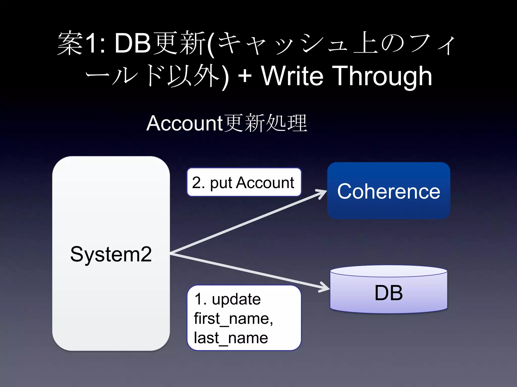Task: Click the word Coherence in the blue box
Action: [389, 191]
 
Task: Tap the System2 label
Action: [111, 254]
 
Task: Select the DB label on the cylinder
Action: [389, 293]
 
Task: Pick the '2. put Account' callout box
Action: [244, 182]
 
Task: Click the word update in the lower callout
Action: [236, 299]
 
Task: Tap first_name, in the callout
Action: [233, 319]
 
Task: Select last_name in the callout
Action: [231, 338]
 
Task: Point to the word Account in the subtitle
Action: [185, 123]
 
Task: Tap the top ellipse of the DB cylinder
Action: [389, 271]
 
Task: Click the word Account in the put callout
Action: [265, 182]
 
